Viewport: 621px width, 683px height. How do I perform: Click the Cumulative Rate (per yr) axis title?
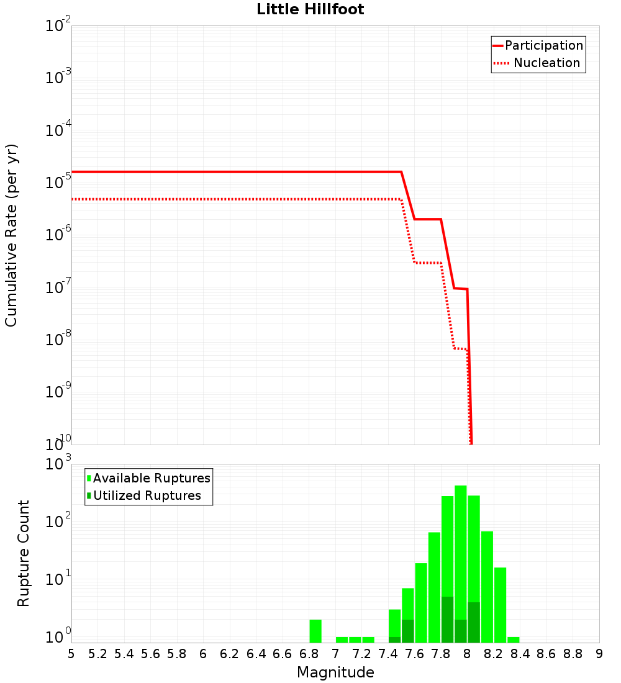coord(11,235)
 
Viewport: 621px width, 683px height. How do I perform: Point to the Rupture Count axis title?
coord(24,553)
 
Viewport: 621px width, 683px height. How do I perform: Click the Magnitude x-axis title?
coord(335,672)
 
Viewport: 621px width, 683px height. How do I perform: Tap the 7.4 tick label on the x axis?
coord(388,654)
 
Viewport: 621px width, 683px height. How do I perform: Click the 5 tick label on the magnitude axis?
coord(71,654)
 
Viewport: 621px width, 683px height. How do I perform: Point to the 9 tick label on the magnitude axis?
coord(599,654)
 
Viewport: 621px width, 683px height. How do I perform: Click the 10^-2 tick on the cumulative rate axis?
coord(58,26)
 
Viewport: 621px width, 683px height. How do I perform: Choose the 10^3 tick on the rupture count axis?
coord(58,464)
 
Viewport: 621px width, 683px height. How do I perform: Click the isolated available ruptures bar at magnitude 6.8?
coord(315,631)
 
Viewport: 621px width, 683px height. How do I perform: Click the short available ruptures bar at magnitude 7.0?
coord(342,640)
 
